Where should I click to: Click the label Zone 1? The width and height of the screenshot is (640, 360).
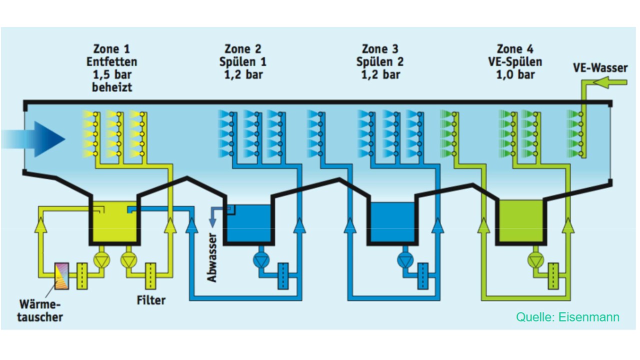111,49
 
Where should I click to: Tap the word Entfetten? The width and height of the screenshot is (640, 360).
111,61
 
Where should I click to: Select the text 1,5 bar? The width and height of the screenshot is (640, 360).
112,74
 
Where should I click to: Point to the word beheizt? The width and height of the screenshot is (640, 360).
112,87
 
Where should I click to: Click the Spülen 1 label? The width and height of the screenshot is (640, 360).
243,62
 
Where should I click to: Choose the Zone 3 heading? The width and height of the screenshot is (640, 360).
380,49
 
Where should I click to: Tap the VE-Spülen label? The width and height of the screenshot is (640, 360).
515,62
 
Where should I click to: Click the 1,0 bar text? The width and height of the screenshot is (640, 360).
515,74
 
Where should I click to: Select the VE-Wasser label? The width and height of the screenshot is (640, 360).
600,68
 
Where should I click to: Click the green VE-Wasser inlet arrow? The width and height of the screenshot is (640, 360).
610,82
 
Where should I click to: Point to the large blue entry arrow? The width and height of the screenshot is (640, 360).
33,139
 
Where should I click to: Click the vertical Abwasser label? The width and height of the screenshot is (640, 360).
211,257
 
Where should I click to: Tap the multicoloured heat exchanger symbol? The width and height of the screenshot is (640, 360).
61,276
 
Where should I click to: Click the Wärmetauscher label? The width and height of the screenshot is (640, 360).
39,310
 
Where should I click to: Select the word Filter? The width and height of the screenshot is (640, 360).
151,300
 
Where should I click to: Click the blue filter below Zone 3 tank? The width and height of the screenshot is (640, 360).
423,276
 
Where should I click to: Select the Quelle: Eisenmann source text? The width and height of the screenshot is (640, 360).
567,317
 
